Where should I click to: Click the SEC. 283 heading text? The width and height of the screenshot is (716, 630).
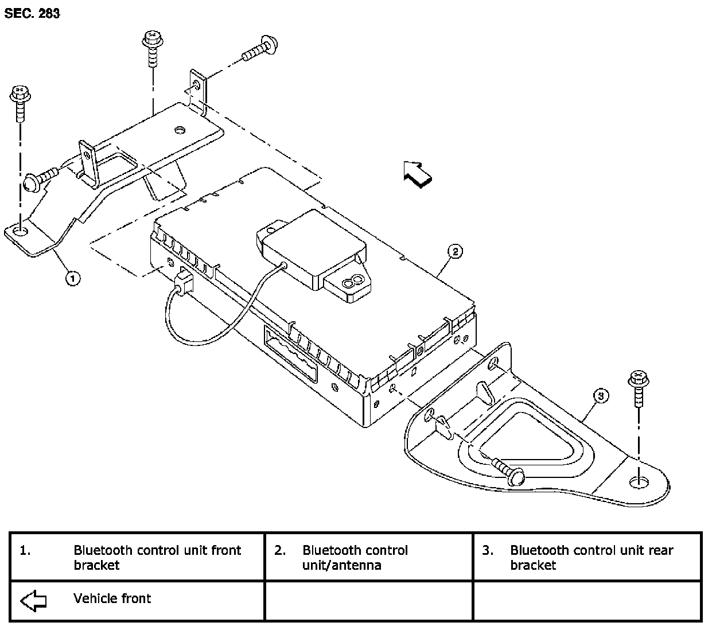tap(32, 13)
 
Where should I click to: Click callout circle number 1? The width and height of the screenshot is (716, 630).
tap(72, 278)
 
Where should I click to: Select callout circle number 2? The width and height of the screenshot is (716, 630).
tap(454, 251)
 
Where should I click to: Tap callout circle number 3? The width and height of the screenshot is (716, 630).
tap(600, 395)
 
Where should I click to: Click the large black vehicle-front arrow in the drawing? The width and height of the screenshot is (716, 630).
tap(418, 173)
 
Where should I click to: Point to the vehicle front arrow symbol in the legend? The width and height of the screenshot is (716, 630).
tap(33, 601)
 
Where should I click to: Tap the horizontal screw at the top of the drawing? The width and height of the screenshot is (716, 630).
tap(261, 49)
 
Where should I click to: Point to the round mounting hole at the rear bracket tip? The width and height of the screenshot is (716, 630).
tap(637, 482)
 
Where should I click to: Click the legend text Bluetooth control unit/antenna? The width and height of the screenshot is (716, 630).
tap(355, 557)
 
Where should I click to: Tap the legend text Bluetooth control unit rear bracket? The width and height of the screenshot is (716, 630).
tap(591, 557)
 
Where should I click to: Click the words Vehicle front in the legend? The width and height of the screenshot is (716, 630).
tap(112, 598)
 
